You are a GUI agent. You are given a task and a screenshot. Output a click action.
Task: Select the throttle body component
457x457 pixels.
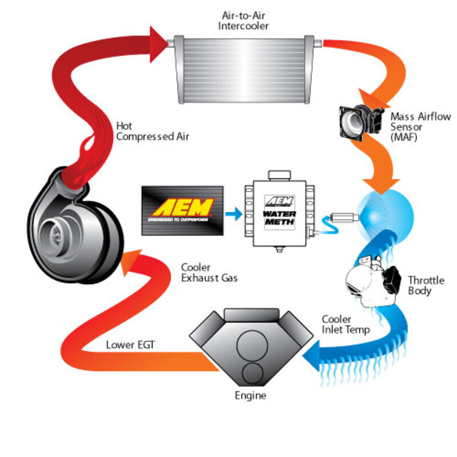(x=372, y=278)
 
